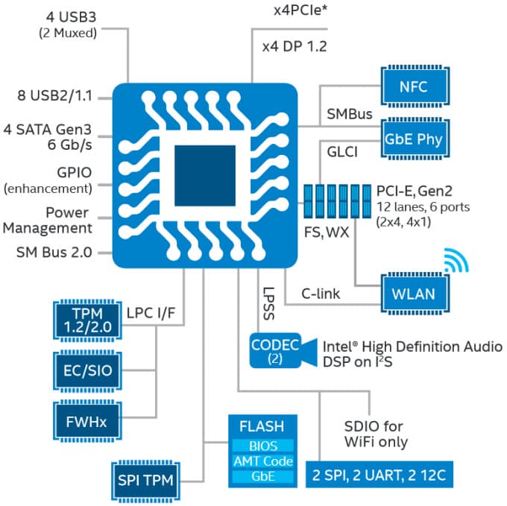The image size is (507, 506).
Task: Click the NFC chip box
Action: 414,86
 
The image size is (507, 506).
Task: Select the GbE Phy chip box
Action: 414,139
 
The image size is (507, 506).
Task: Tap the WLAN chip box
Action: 414,293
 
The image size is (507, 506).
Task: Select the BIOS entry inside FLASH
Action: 261,446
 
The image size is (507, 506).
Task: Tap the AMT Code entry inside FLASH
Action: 261,461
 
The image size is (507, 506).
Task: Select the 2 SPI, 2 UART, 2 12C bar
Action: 381,475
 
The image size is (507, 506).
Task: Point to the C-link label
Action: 321,294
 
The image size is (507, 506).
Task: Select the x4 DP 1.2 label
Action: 295,46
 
